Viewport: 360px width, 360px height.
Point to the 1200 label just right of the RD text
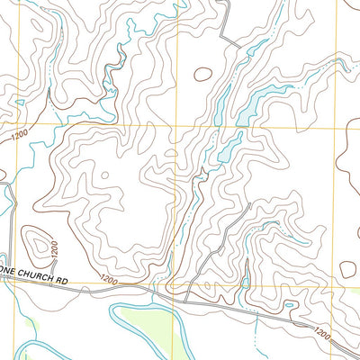[x=110, y=280]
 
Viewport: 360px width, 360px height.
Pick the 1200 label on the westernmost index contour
[x=20, y=135]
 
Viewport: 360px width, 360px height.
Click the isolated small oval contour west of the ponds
[x=203, y=75]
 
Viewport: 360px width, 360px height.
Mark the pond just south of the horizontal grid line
[x=229, y=142]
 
